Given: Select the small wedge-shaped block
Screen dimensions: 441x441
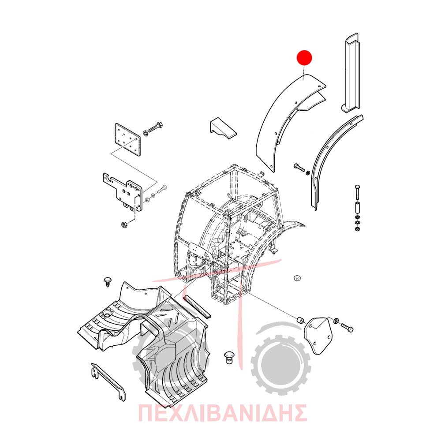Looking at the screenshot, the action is pos(223,128).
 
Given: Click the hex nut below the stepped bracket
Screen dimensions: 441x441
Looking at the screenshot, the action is pos(124,225).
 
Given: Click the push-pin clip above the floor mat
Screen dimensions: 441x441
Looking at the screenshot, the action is pos(108,282).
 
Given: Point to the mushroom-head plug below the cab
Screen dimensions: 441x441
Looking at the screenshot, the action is pos(228,357).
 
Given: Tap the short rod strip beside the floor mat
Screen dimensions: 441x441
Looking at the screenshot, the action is pos(197,307).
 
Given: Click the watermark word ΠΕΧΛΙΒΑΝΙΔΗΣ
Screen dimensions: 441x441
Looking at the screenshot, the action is pos(222,413).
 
